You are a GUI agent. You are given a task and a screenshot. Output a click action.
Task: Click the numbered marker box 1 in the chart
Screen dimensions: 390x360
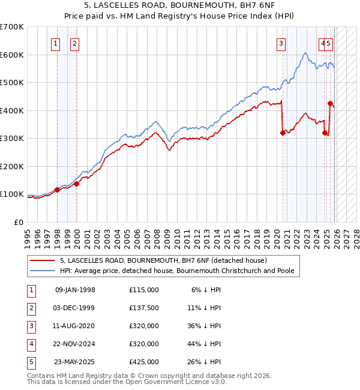pyautogui.click(x=55, y=43)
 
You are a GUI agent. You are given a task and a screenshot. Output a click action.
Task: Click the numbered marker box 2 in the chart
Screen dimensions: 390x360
pyautogui.click(x=74, y=43)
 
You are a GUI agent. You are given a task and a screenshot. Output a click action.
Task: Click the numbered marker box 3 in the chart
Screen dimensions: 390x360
pyautogui.click(x=280, y=43)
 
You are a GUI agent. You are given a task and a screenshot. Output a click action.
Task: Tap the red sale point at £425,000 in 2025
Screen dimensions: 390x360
pyautogui.click(x=330, y=103)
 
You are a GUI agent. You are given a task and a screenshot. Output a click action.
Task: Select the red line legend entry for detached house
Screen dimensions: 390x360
pyautogui.click(x=158, y=260)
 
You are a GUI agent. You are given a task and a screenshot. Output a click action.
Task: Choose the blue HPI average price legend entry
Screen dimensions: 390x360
pyautogui.click(x=176, y=271)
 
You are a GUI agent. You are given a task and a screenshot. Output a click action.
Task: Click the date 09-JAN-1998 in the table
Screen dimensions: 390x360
pyautogui.click(x=75, y=290)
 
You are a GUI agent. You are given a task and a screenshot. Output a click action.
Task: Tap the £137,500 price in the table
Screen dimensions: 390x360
pyautogui.click(x=144, y=308)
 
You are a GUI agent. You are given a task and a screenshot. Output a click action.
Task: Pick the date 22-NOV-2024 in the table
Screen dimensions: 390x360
pyautogui.click(x=75, y=344)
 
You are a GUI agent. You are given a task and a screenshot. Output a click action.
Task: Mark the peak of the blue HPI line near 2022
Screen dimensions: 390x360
pyautogui.click(x=305, y=53)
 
